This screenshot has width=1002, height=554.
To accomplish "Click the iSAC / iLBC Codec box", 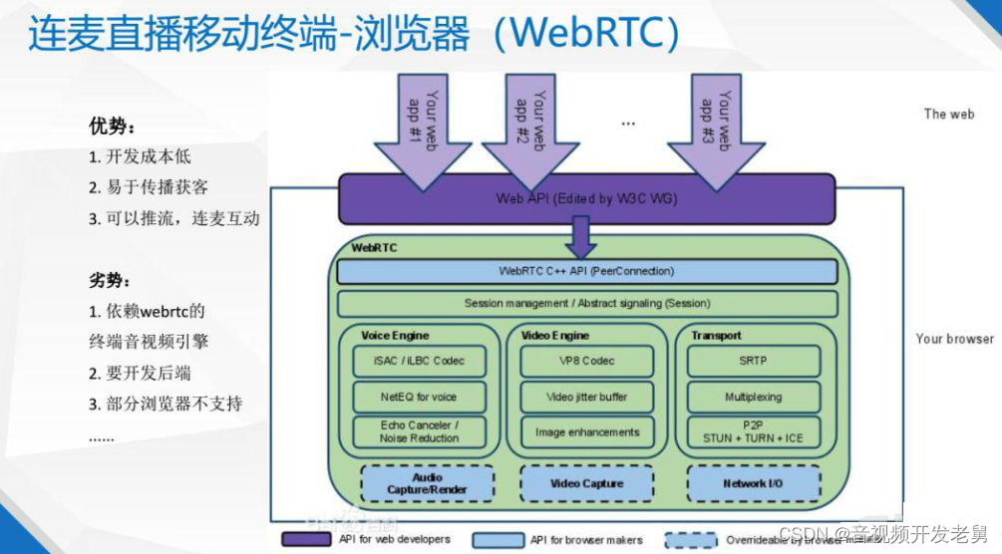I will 419,361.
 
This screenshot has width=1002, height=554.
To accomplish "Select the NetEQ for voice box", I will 419,397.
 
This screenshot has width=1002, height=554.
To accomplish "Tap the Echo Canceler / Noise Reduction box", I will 419,431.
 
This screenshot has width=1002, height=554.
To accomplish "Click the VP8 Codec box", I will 587,361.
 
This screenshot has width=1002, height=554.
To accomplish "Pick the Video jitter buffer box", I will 587,397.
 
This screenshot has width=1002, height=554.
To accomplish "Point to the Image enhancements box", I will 587,432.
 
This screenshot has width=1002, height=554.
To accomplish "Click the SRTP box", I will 754,361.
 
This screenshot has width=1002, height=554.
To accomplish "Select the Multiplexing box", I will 754,397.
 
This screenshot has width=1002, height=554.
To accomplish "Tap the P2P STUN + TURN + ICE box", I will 754,431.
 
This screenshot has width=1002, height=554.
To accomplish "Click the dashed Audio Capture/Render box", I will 427,484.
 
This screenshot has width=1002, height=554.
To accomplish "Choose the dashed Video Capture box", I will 587,484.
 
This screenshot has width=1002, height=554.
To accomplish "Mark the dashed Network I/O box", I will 754,484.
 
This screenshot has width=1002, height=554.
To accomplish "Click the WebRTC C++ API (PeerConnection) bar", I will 586,271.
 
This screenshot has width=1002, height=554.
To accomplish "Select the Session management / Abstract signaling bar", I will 586,303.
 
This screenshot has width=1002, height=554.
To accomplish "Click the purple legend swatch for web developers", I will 306,539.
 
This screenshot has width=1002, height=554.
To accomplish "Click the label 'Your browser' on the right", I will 954,339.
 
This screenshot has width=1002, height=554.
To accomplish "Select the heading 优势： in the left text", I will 113,127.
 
